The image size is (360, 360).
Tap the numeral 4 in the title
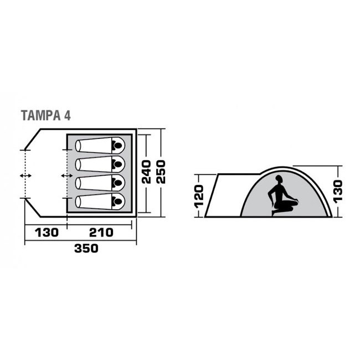click(x=67, y=115)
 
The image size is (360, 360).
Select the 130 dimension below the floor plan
click(x=46, y=233)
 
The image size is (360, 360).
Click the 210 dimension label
click(x=101, y=233)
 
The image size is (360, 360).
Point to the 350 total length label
click(x=86, y=249)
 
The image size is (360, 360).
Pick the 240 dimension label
click(x=146, y=172)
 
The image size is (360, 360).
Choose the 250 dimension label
click(x=161, y=172)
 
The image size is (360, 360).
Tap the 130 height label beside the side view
click(x=338, y=190)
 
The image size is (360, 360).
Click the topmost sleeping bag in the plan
click(x=100, y=146)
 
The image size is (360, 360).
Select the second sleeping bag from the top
click(x=100, y=164)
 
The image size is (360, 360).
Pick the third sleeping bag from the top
click(x=100, y=182)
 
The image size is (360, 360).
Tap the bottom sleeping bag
click(x=100, y=200)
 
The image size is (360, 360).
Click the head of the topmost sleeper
click(x=118, y=146)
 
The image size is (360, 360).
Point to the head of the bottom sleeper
click(x=118, y=200)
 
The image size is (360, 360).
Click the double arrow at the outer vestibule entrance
click(x=25, y=176)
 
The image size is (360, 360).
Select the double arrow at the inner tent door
click(x=66, y=176)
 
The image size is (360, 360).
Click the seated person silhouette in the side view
click(x=281, y=196)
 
